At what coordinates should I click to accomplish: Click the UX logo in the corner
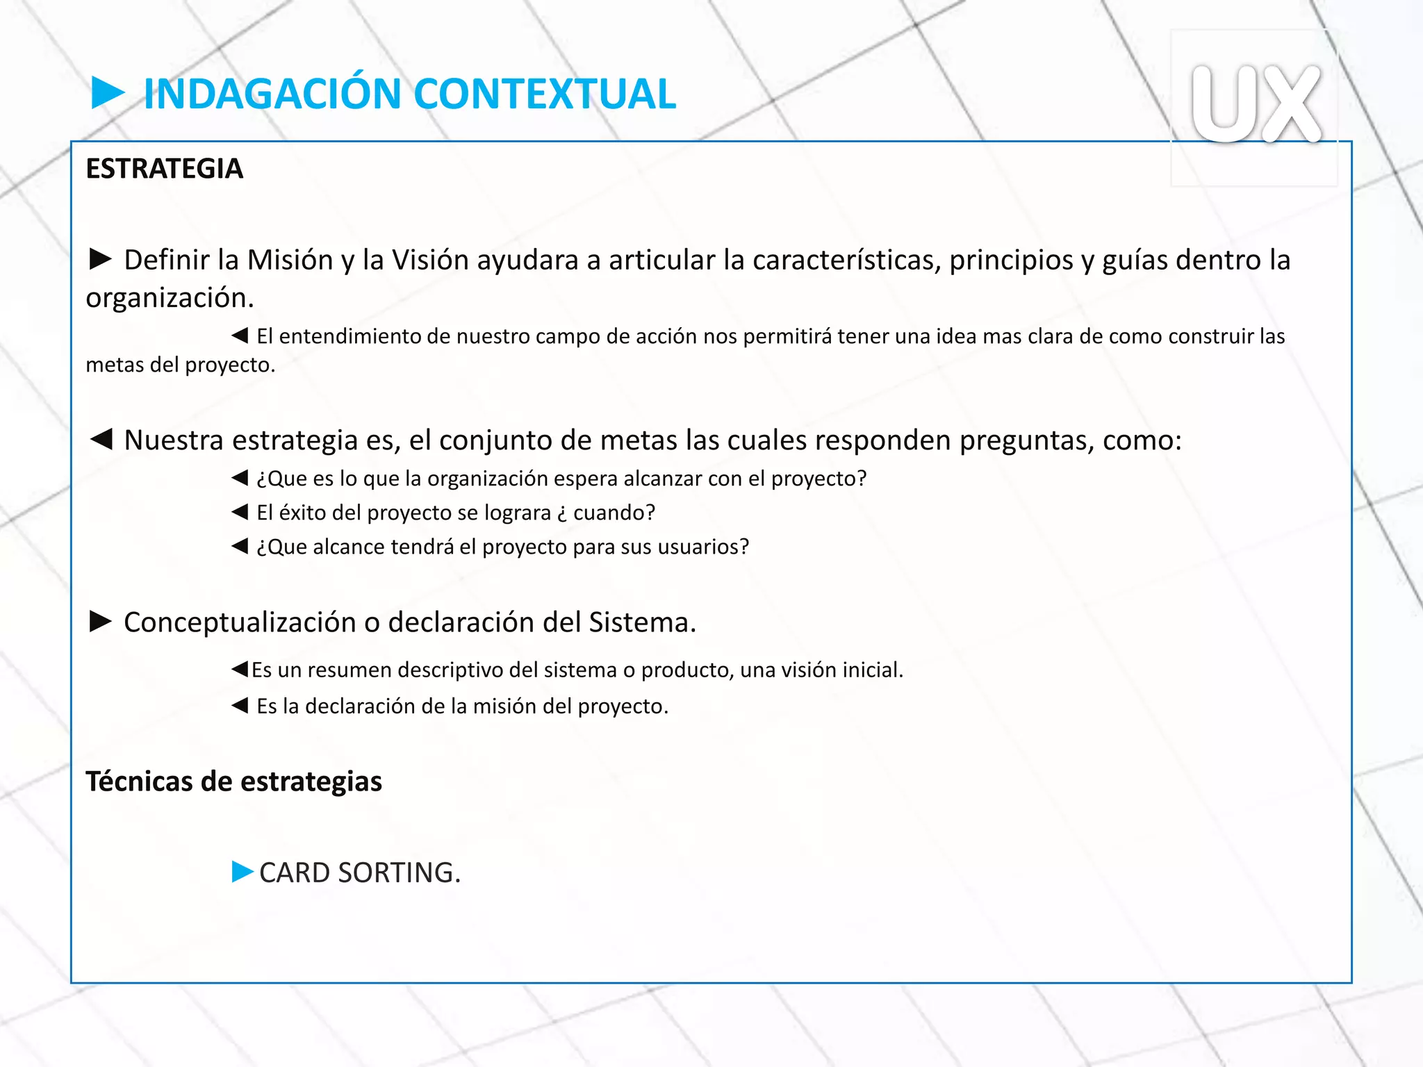(1255, 104)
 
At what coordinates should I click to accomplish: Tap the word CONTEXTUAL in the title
(546, 94)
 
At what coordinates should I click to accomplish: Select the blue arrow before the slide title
(108, 93)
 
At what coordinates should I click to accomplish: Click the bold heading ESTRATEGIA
(165, 169)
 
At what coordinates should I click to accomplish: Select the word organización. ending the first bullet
(170, 297)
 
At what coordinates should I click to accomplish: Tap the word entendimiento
(350, 336)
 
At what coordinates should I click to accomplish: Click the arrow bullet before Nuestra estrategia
(101, 439)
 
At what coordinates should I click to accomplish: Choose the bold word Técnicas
(139, 781)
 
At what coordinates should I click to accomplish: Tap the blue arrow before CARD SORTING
(242, 871)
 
